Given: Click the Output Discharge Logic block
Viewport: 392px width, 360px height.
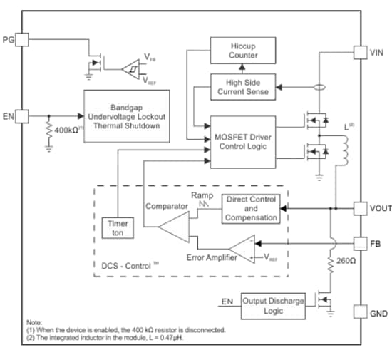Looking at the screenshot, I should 272,304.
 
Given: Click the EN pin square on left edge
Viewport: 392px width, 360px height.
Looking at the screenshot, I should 21,115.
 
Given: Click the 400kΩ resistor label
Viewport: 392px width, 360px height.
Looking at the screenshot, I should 68,130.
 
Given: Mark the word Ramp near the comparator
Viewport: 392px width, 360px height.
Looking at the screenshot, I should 200,195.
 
